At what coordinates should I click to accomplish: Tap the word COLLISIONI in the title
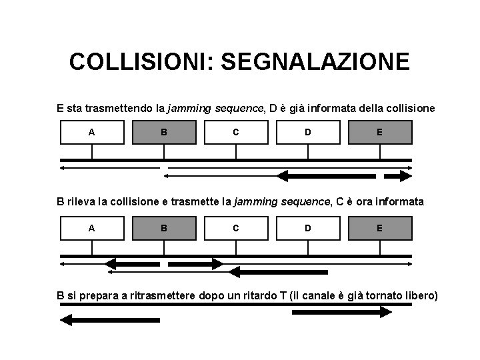[141, 63]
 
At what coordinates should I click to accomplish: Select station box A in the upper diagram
[92, 132]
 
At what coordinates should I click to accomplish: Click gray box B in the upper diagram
[164, 132]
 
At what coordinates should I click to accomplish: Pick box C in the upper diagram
[236, 132]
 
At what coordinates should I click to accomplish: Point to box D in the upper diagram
[307, 132]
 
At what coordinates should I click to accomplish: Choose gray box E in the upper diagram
[379, 132]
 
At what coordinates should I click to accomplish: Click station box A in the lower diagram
[92, 227]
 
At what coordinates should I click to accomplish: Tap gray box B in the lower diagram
[164, 227]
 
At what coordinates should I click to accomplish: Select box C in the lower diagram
[236, 227]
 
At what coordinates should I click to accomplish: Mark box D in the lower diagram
[307, 227]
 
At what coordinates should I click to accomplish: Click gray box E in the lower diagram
[379, 227]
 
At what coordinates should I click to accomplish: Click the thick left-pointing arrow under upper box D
[326, 176]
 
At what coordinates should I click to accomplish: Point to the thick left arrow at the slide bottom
[110, 321]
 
